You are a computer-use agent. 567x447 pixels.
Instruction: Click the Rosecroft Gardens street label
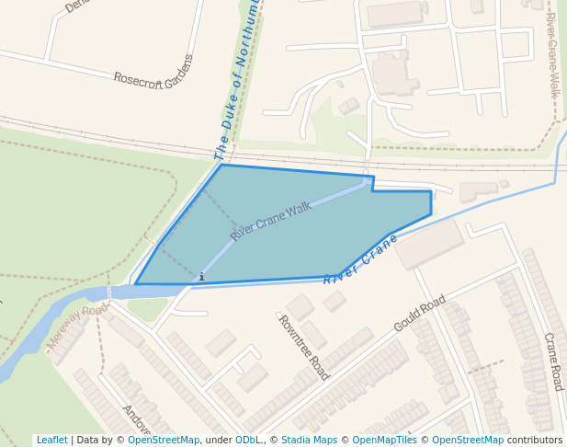pos(154,71)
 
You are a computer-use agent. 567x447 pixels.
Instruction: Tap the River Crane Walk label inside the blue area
pos(271,221)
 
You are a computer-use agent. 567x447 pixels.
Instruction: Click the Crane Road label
pos(551,361)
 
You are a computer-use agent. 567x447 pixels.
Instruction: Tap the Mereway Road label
pos(77,327)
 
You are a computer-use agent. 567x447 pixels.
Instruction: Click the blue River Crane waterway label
pos(360,258)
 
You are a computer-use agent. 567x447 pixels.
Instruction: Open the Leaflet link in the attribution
pos(51,441)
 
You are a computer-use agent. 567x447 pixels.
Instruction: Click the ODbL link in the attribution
pos(248,441)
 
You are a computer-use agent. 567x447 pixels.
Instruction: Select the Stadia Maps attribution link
pos(309,441)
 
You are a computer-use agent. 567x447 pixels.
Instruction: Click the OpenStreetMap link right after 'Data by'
pos(164,441)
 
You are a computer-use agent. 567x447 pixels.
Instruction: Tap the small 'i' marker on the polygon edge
pos(201,276)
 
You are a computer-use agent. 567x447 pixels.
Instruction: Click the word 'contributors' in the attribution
pos(535,441)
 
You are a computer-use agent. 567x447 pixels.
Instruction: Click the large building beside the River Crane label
pos(429,243)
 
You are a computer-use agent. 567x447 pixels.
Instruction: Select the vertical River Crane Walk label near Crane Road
pos(552,55)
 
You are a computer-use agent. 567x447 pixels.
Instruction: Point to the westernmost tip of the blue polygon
pos(136,284)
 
